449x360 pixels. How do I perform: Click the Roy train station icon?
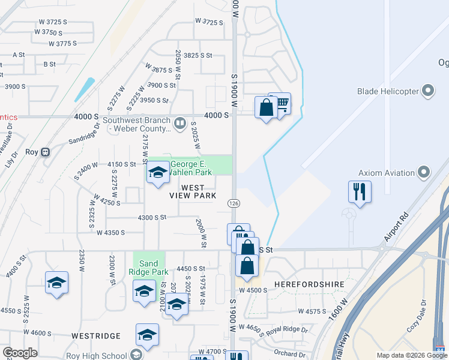click(x=46, y=152)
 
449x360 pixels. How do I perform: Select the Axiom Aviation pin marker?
click(x=424, y=173)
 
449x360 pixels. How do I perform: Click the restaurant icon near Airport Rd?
click(x=360, y=192)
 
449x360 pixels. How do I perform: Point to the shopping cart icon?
click(x=281, y=104)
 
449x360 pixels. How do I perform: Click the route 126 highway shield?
click(x=232, y=203)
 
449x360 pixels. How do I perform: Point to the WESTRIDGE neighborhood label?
click(x=92, y=336)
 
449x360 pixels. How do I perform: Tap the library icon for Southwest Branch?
click(x=179, y=124)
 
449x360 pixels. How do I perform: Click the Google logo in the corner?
click(x=20, y=353)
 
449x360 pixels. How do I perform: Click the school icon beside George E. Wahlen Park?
click(x=157, y=173)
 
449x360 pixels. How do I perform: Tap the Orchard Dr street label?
click(x=289, y=354)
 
